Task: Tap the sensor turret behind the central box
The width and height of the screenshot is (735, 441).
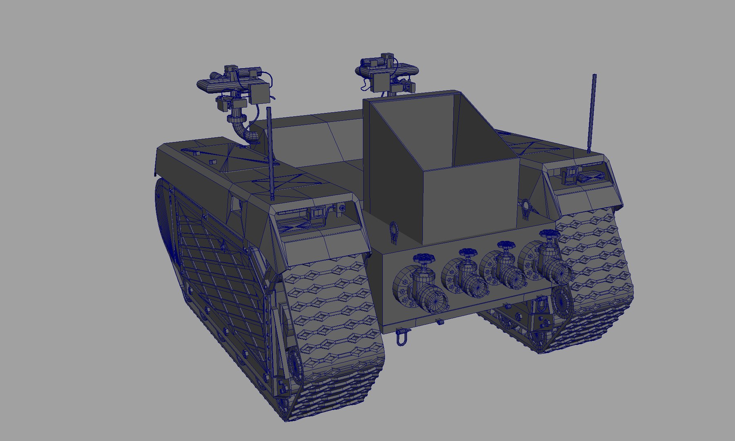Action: [x=386, y=73]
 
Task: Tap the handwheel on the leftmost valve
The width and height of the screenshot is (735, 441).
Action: [x=425, y=258]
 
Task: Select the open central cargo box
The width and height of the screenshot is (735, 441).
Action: [x=441, y=163]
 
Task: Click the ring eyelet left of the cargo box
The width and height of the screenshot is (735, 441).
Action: [x=394, y=232]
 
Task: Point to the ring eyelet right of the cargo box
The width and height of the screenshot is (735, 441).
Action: [x=527, y=209]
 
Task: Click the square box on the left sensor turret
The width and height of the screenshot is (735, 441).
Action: [x=260, y=93]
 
